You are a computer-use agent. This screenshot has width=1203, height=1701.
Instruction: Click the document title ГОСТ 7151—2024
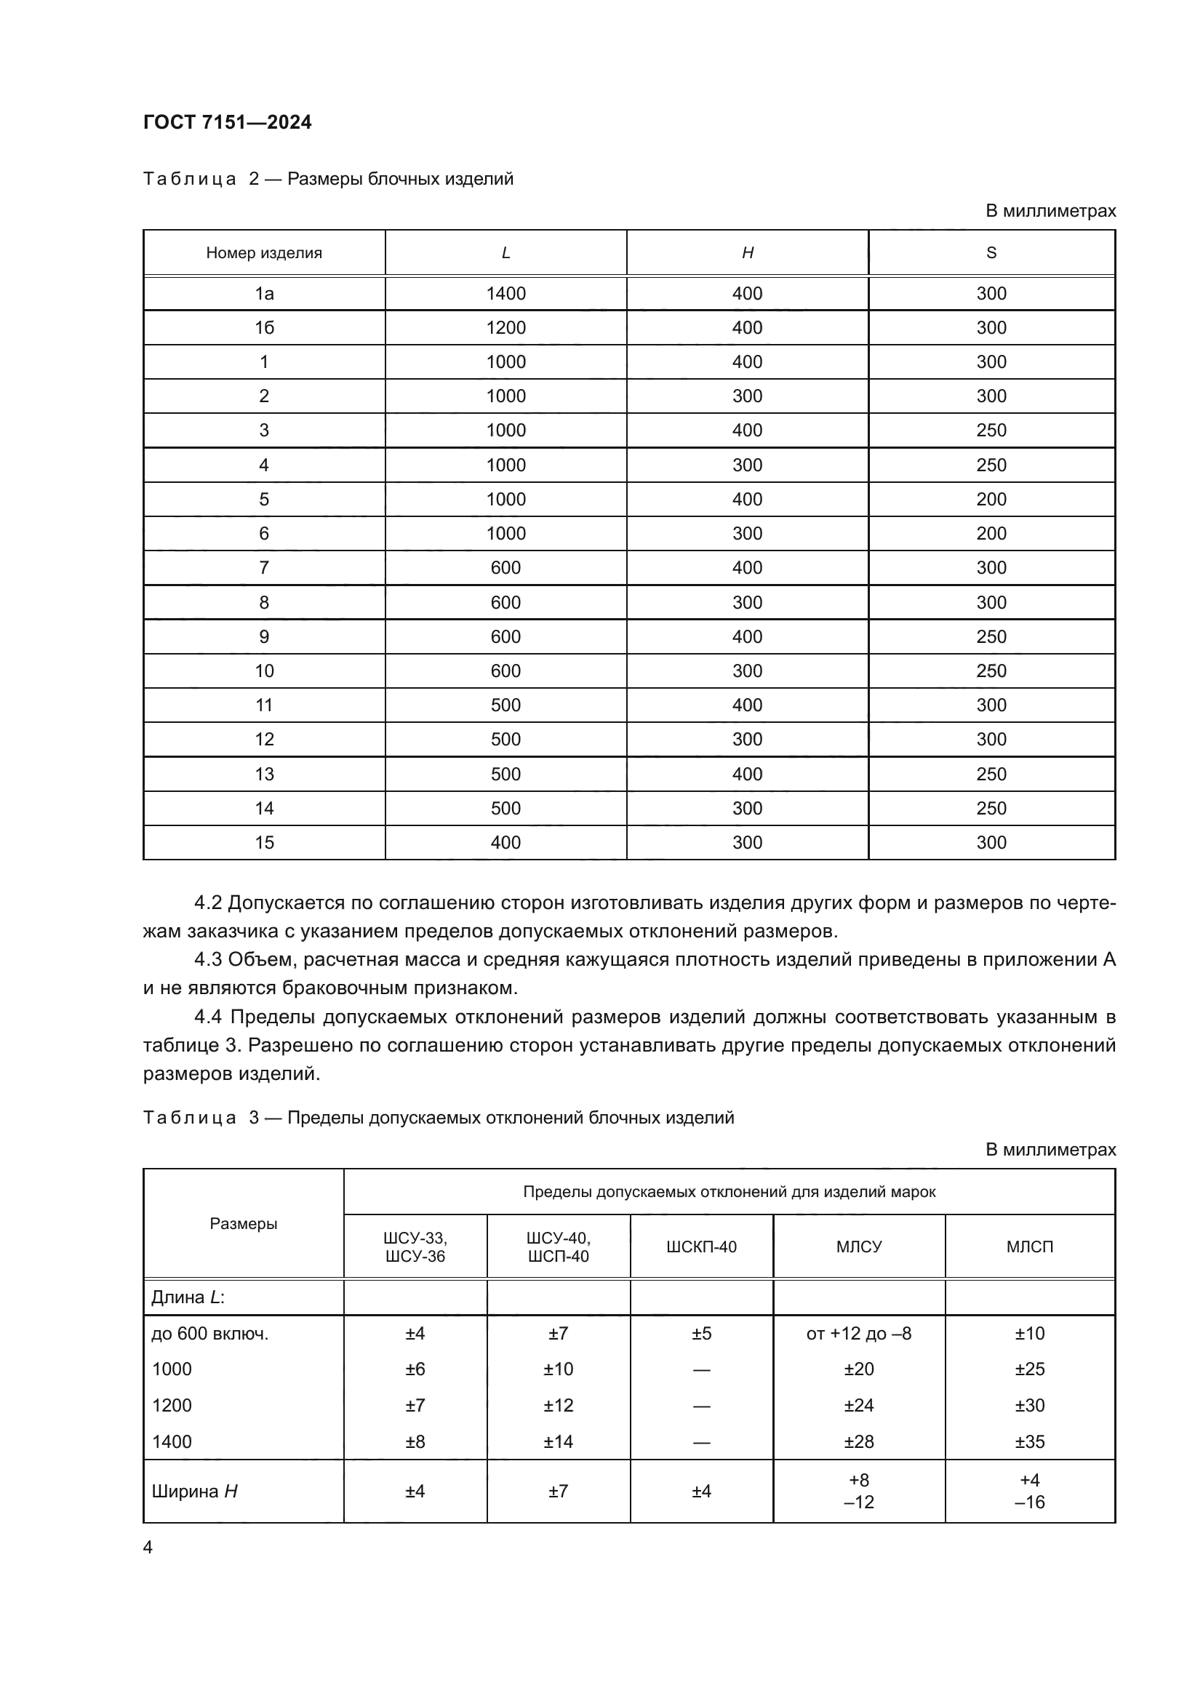(228, 122)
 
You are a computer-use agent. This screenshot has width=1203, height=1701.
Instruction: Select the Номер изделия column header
(264, 252)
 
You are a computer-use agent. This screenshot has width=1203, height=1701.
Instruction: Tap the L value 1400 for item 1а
(505, 293)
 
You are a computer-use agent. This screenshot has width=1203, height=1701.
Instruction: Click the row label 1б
(264, 327)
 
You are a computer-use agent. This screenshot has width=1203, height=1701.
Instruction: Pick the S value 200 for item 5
(991, 500)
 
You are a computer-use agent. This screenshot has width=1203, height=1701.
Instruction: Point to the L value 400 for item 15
(505, 842)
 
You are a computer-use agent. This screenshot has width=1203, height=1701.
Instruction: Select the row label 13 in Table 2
(264, 775)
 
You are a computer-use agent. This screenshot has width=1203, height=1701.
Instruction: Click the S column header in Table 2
(991, 252)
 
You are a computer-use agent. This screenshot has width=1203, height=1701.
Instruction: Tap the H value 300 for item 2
(747, 396)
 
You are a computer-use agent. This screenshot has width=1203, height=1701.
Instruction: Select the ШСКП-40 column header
(700, 1247)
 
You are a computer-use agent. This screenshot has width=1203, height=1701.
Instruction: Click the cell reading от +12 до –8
(858, 1334)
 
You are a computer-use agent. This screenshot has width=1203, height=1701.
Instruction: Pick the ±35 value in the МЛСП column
(1029, 1441)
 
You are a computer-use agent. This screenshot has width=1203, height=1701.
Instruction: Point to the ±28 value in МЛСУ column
(858, 1441)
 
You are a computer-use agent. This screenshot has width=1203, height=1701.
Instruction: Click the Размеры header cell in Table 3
(243, 1224)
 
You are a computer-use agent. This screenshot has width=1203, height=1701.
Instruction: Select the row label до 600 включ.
(209, 1334)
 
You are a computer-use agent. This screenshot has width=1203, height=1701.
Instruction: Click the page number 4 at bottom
(148, 1547)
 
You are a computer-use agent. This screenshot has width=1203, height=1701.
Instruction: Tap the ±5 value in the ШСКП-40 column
(700, 1334)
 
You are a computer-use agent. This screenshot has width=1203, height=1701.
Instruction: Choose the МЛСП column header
(1029, 1247)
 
